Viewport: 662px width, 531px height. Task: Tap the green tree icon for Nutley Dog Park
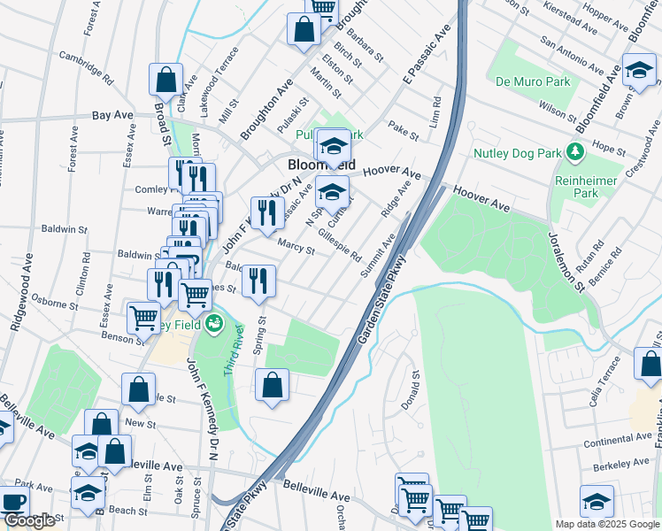tap(575, 152)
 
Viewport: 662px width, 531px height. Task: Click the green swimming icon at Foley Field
tap(213, 326)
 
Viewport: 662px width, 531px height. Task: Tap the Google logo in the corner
tap(29, 521)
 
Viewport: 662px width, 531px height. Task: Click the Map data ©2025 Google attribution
tap(606, 524)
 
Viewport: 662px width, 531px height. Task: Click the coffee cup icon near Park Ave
tap(12, 501)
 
